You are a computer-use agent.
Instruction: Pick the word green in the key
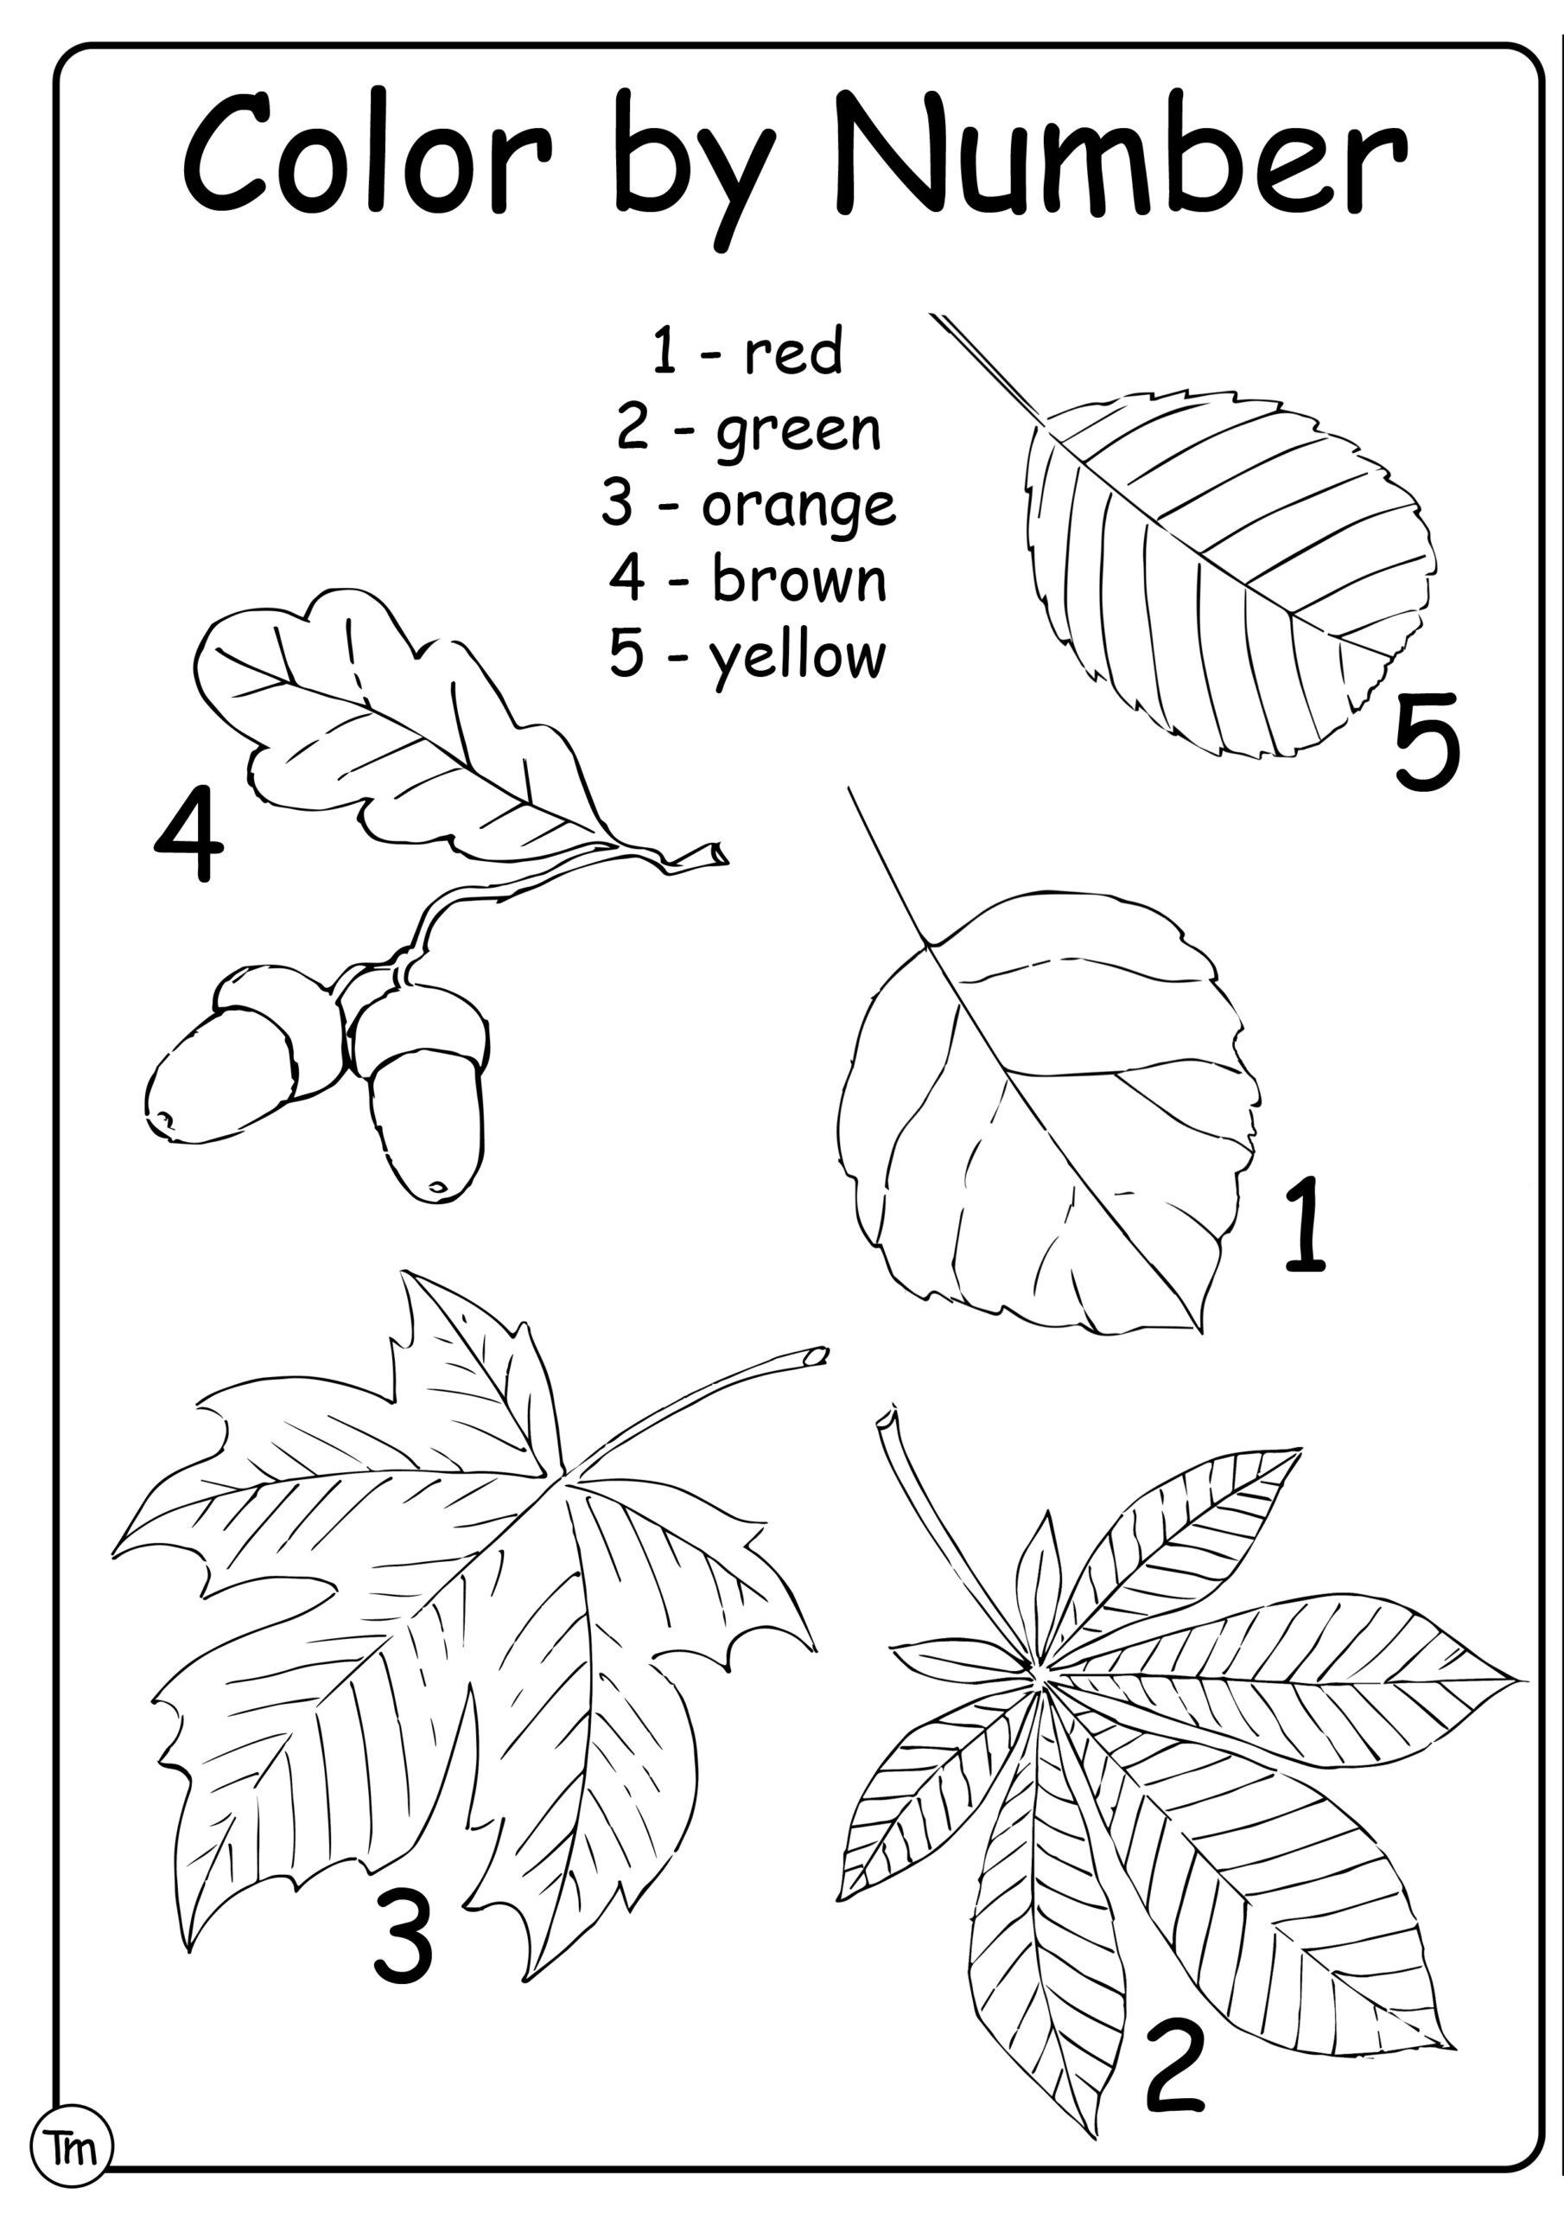pyautogui.click(x=798, y=430)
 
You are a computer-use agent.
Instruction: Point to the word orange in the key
pyautogui.click(x=798, y=505)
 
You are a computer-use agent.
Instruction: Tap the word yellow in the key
pyautogui.click(x=797, y=657)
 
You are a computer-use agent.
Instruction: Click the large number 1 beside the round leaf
pyautogui.click(x=1306, y=1224)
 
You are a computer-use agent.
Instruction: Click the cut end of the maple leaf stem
pyautogui.click(x=817, y=1356)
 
